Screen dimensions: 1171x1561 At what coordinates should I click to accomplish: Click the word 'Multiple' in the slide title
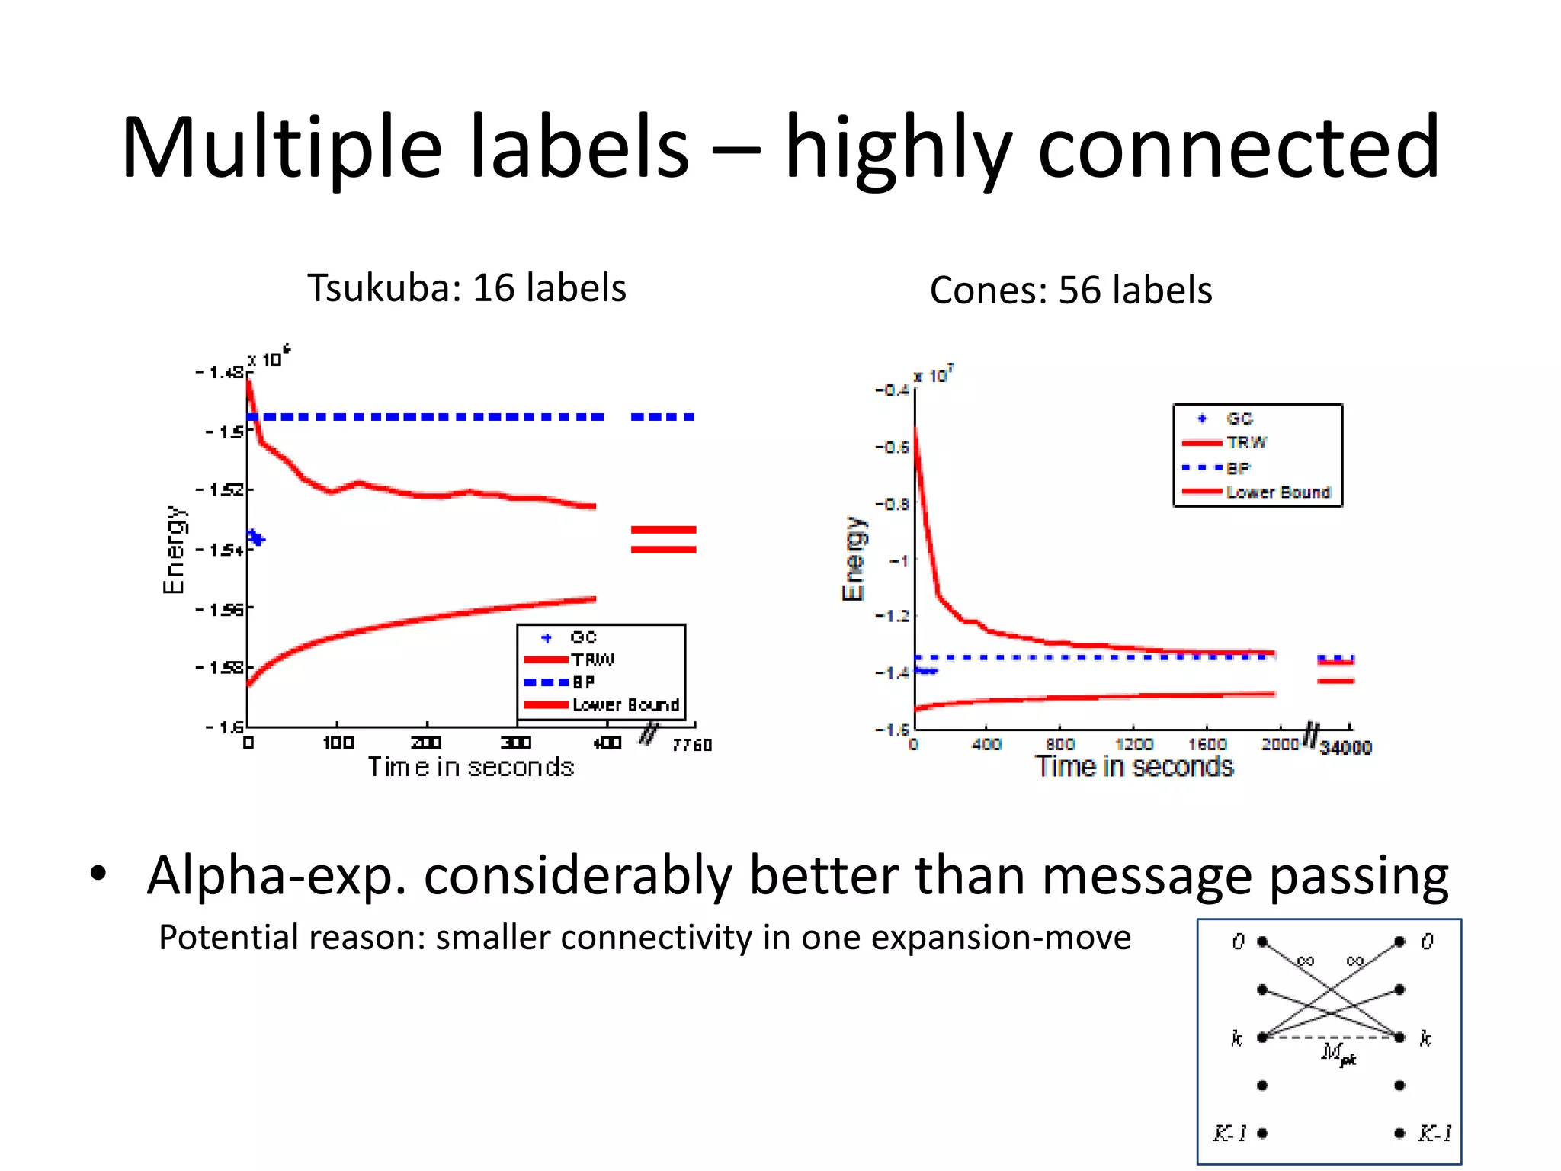click(282, 149)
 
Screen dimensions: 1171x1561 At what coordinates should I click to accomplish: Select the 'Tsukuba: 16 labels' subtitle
click(466, 288)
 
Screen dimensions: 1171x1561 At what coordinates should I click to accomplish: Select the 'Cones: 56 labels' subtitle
click(1070, 290)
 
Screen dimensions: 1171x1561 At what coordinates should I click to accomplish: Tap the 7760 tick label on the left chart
click(691, 745)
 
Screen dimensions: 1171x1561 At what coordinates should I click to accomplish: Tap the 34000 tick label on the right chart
click(1345, 747)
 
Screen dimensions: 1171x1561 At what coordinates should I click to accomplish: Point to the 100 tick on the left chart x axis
click(338, 743)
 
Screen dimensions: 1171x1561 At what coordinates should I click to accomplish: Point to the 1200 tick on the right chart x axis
click(1133, 744)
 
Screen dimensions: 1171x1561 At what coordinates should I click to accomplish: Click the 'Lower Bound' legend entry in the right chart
click(1278, 492)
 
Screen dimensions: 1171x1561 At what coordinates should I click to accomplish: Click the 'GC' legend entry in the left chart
click(583, 637)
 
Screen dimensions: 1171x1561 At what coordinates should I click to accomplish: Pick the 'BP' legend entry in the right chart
click(1238, 468)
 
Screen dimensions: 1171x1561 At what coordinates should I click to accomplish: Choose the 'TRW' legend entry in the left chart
click(592, 659)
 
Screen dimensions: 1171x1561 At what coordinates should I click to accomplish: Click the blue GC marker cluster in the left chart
click(256, 538)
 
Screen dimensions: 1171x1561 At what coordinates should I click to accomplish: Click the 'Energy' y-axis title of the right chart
click(854, 559)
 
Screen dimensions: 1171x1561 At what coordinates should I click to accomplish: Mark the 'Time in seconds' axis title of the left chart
click(470, 767)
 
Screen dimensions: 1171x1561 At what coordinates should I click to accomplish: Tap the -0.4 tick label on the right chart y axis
click(892, 390)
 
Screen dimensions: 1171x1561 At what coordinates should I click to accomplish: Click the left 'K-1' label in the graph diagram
click(1229, 1134)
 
